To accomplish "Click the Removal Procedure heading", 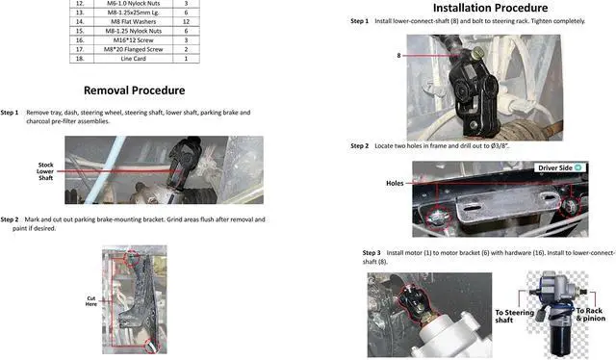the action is (135, 90).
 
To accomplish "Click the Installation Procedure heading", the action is (490, 8).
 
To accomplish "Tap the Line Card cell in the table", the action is (133, 59).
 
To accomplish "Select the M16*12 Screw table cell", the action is (133, 40).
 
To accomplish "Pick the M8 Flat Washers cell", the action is (133, 21).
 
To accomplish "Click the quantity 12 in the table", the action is (186, 21).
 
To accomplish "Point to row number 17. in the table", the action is (80, 49).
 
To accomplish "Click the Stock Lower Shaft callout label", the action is (45, 171).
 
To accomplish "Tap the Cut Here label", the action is (91, 301).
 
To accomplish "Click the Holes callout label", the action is (395, 183).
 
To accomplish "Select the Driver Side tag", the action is (560, 167).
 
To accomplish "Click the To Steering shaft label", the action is (514, 316).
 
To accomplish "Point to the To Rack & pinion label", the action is (590, 315).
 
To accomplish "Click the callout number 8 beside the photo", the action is (398, 56).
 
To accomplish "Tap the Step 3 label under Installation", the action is (372, 253).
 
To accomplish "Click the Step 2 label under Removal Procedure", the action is (10, 219).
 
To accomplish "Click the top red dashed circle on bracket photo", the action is (132, 257).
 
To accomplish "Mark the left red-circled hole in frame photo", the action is (436, 218).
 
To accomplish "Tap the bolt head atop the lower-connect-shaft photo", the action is (477, 51).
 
